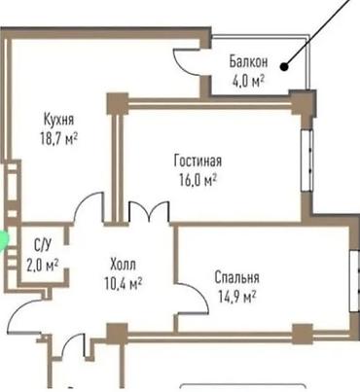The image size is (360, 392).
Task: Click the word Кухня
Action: pos(58,119)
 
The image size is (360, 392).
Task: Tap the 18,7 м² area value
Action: pos(58,139)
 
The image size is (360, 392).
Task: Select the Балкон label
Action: pos(248,61)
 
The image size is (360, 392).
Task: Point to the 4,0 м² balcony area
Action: pos(248,81)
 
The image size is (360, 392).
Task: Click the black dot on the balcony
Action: pos(284,67)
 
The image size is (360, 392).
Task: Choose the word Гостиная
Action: pos(198,160)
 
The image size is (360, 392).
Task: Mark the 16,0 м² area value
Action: pos(198,180)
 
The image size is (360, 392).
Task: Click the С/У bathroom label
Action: pos(43,245)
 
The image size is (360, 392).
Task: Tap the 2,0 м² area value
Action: pos(43,265)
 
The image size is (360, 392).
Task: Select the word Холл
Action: pos(124,265)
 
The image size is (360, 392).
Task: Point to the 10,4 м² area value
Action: pos(124,284)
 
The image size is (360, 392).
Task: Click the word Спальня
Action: pos(237,277)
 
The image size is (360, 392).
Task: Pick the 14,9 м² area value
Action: pos(237,297)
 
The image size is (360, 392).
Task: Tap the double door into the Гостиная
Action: pos(149,211)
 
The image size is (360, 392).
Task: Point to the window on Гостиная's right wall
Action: pos(306,160)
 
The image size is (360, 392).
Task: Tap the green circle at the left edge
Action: pos(4,240)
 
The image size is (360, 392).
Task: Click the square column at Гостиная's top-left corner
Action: pos(118,104)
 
